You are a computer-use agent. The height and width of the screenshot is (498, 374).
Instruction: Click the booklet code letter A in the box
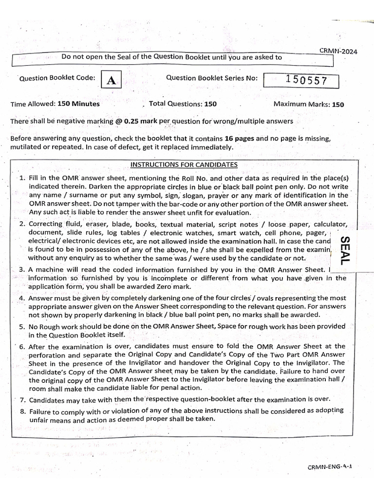point(111,81)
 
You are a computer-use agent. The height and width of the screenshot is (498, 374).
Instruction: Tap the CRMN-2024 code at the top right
point(338,51)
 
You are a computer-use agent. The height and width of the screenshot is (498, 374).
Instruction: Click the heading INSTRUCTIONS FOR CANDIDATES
point(184,164)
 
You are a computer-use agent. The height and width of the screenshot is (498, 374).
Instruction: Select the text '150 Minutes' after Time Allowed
point(78,104)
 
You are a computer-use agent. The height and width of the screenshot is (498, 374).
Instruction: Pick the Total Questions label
point(176,104)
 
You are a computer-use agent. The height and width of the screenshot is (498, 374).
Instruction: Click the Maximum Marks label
point(301,104)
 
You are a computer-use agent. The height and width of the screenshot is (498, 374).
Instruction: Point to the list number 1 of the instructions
point(22,178)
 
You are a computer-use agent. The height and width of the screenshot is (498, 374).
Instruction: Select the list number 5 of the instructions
point(22,327)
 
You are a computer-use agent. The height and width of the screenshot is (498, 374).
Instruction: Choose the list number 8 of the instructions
point(22,411)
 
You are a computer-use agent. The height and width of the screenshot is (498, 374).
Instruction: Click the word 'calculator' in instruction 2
point(330,224)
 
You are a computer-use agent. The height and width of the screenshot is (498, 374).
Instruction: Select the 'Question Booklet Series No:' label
point(212,78)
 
